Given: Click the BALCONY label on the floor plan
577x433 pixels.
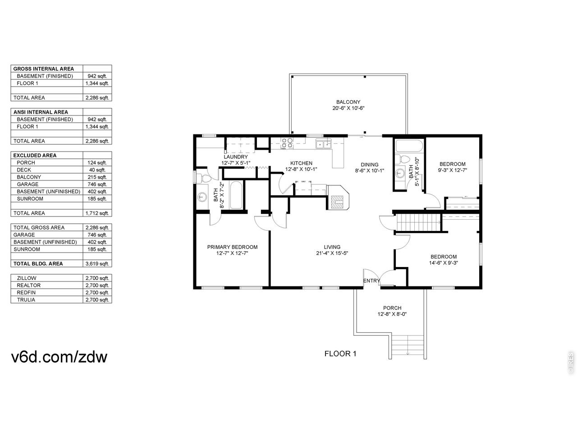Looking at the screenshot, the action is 348,102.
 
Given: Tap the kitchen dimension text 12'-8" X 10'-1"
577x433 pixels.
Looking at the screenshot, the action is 301,169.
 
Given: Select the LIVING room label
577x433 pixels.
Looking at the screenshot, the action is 332,247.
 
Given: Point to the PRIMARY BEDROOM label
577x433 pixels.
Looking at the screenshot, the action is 232,247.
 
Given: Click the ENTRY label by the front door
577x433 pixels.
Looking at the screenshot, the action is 371,281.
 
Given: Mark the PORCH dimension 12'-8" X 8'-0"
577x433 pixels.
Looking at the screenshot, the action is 392,314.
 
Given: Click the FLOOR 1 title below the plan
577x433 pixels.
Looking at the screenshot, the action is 340,354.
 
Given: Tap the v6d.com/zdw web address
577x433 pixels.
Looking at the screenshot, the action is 59,357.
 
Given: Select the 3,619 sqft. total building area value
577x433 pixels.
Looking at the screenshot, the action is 97,264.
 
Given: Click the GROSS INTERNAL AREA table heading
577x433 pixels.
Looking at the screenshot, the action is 44,69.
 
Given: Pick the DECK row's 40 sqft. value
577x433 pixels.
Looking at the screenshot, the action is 97,170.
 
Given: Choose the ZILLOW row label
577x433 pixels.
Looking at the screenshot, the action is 27,278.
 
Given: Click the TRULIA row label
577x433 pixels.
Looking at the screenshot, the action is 26,299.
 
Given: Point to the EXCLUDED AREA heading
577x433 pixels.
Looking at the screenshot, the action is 35,155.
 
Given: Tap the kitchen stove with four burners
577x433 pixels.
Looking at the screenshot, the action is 287,143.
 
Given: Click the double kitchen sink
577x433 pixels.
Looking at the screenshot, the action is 324,144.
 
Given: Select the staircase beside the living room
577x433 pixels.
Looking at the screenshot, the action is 418,222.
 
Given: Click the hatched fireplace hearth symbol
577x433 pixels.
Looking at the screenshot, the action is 337,202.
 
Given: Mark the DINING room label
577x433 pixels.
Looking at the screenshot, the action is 370,165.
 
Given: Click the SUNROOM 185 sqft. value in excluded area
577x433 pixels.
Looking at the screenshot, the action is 97,199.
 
